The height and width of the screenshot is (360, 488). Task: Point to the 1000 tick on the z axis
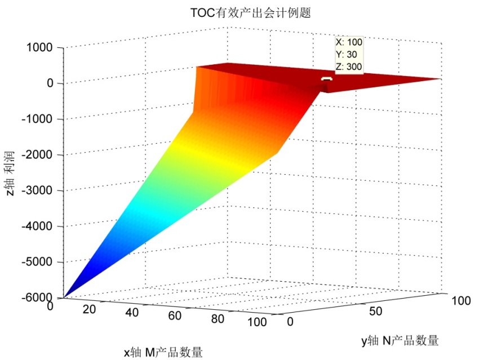(39, 48)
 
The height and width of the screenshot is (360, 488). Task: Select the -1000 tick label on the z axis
(36, 119)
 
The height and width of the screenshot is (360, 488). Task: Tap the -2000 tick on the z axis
(36, 154)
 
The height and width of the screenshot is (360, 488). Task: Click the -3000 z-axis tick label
(36, 190)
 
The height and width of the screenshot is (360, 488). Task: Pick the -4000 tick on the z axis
(36, 226)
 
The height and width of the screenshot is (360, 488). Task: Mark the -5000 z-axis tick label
(36, 262)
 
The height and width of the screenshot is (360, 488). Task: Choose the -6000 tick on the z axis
(36, 297)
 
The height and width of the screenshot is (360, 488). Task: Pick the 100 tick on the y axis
(462, 301)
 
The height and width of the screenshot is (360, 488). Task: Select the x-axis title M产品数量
(163, 352)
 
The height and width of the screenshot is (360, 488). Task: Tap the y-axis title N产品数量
(400, 340)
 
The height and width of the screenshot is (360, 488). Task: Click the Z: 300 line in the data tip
(349, 66)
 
